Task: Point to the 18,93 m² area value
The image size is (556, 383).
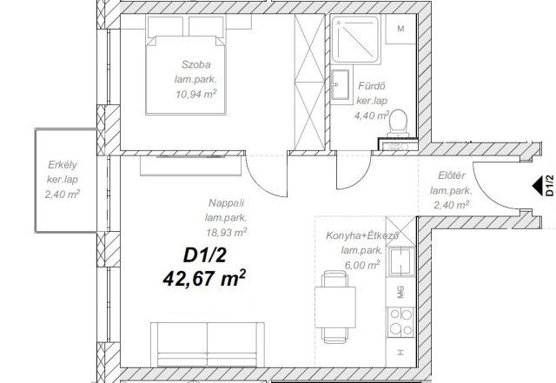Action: point(225,232)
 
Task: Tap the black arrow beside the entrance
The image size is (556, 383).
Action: point(538,185)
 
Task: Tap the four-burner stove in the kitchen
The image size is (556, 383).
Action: point(400,320)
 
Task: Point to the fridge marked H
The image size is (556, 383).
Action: point(400,353)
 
